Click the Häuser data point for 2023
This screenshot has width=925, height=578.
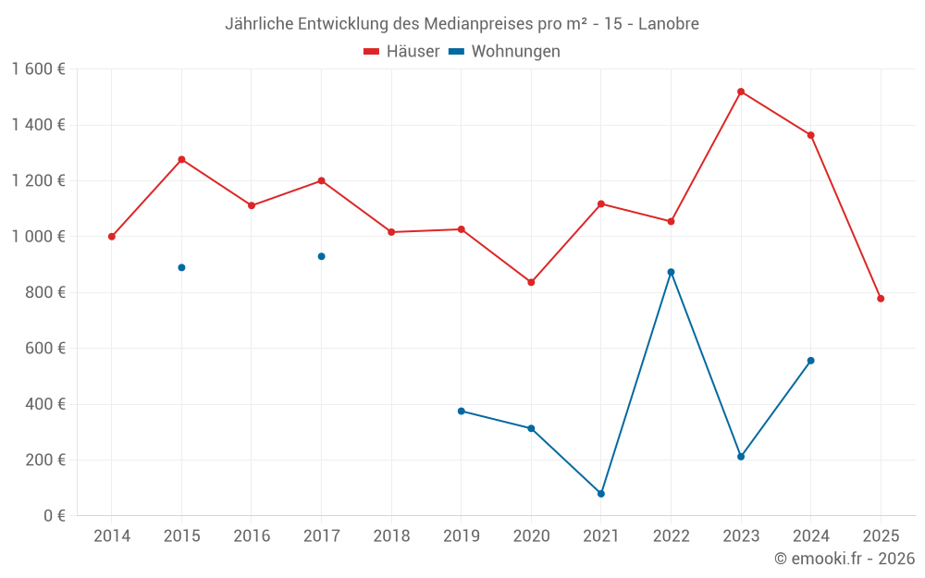[x=741, y=92]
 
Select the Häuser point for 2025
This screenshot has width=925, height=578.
[x=881, y=299]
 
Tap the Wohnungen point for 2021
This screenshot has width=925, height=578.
[x=601, y=494]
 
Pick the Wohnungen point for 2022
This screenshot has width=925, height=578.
[x=671, y=272]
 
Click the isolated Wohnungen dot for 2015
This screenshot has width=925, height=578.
[x=181, y=267]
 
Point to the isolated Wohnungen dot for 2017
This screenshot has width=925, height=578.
[x=321, y=256]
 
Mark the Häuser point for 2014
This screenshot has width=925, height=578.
[x=112, y=237]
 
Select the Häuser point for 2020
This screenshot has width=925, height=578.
[x=531, y=282]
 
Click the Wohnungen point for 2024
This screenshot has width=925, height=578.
[x=810, y=361]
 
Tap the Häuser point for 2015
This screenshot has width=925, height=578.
[x=181, y=159]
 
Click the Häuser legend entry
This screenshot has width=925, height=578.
[x=401, y=52]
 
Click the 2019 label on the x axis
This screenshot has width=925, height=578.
[x=461, y=535]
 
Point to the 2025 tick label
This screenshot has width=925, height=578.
[x=881, y=535]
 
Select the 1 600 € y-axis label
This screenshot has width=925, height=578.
[x=38, y=69]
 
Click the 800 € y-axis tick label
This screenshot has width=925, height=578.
[x=43, y=292]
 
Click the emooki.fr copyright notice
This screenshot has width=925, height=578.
[x=845, y=559]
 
